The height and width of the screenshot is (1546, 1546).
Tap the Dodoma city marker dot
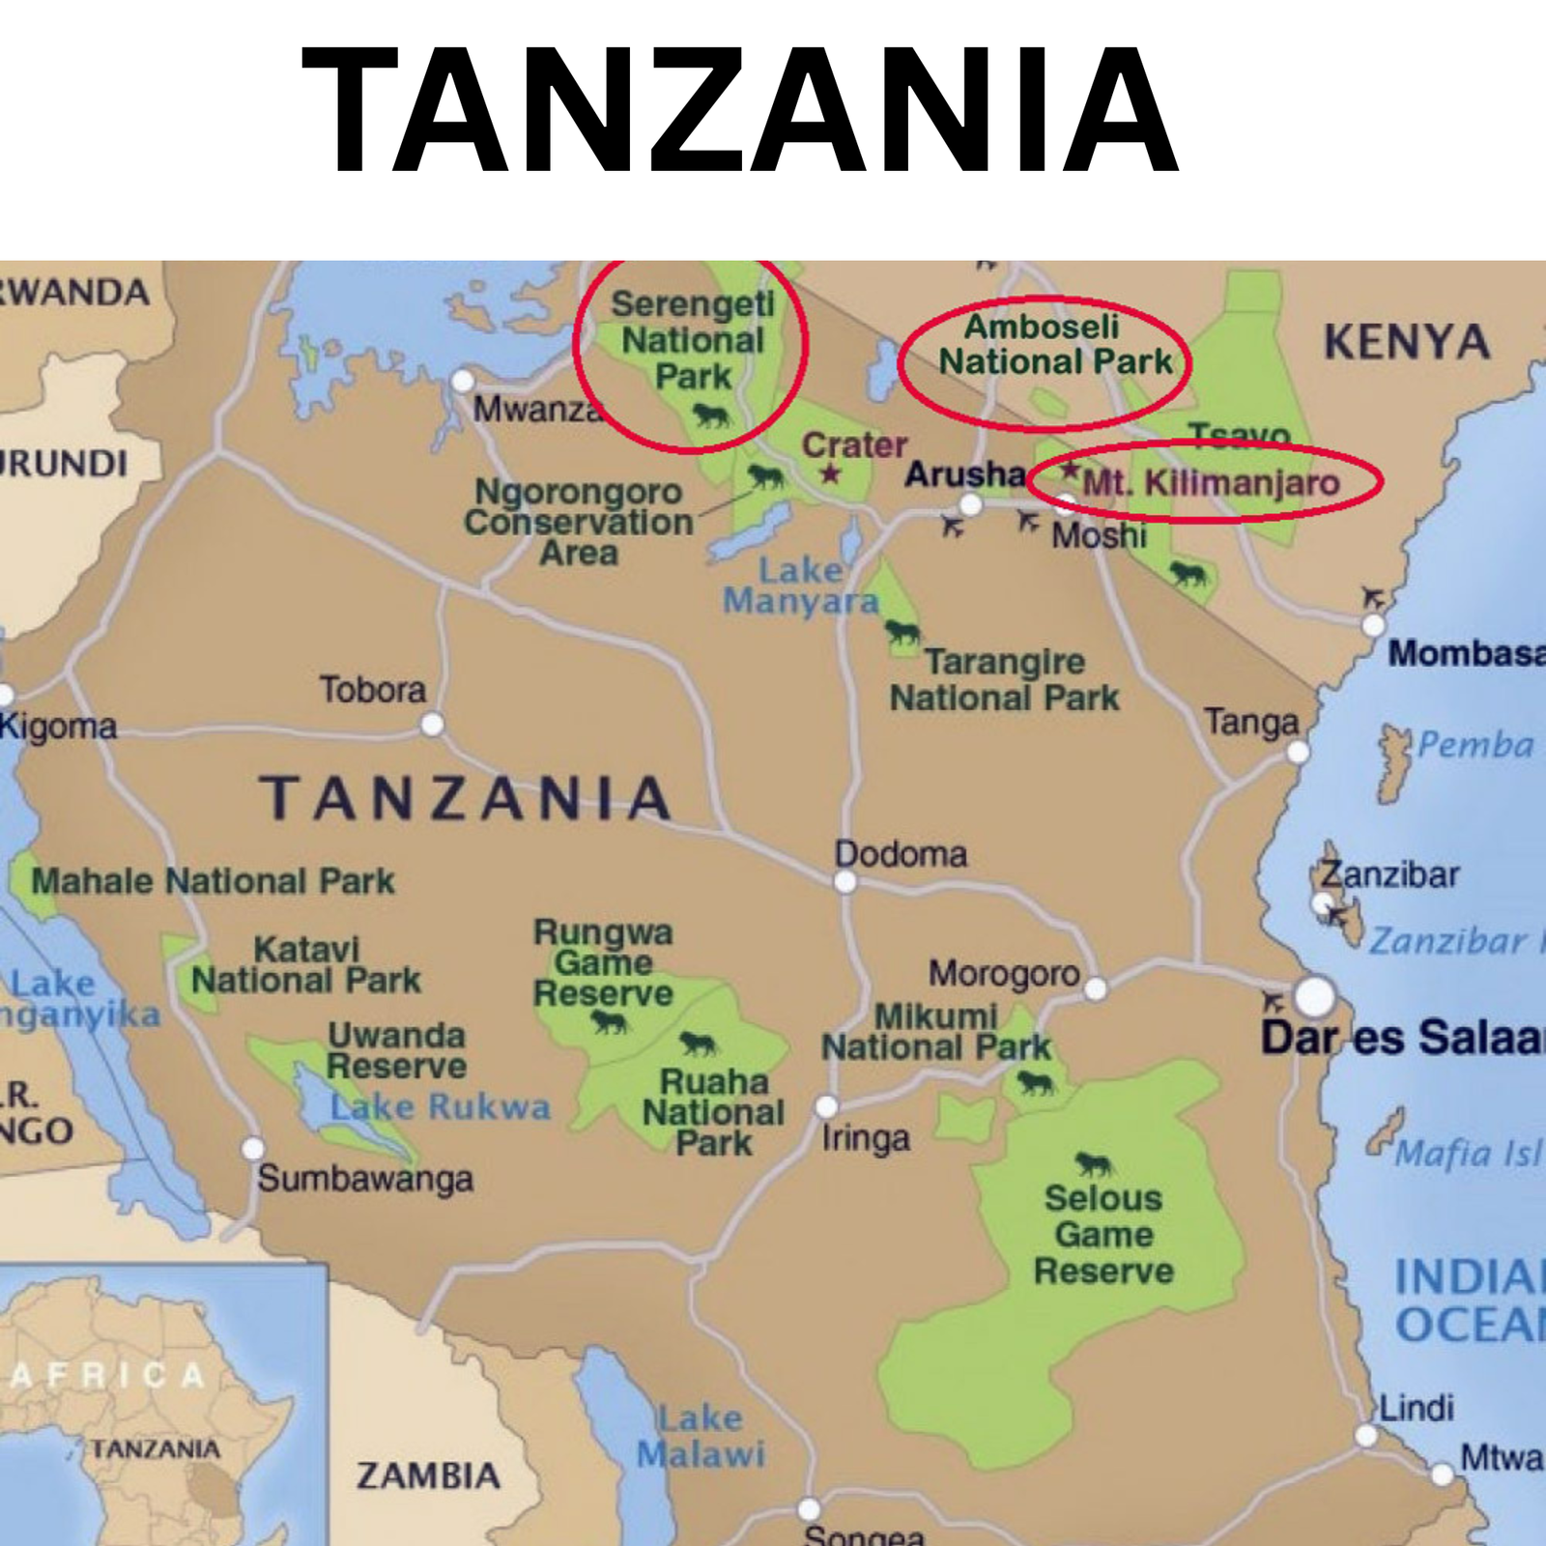[845, 881]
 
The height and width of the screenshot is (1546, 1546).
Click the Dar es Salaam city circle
[1314, 996]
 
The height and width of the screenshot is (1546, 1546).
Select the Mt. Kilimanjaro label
[1211, 482]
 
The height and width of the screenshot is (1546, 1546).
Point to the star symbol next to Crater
[830, 474]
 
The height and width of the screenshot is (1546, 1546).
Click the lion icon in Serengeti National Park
[711, 416]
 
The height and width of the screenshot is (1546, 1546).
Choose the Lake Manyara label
[801, 586]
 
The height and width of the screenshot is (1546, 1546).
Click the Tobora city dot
[432, 724]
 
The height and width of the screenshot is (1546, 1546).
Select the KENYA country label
[1406, 342]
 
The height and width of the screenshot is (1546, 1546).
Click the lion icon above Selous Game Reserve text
[1094, 1163]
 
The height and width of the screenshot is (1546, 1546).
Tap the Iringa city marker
[827, 1106]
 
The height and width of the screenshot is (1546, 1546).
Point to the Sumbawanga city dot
[253, 1148]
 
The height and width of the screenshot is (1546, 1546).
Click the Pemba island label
[1474, 745]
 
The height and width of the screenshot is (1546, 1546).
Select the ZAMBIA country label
[428, 1475]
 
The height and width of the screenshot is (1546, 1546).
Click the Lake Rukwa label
[440, 1107]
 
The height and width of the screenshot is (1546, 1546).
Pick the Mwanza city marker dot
[463, 380]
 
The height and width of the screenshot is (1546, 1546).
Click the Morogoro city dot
[1095, 988]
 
